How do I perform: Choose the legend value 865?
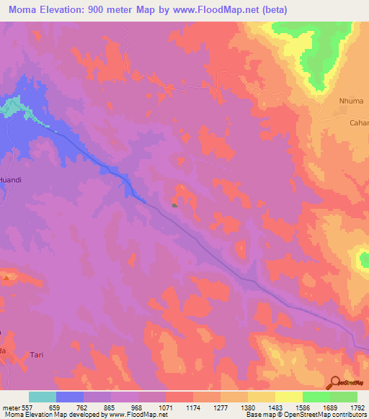tap(111, 407)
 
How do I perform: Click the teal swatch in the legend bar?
tap(43, 397)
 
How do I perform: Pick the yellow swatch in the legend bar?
tap(288, 397)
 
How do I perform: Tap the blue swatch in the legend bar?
tap(70, 397)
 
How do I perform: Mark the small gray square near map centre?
tap(174, 204)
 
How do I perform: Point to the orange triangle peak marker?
tap(7, 276)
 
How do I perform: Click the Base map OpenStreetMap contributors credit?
tap(305, 415)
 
